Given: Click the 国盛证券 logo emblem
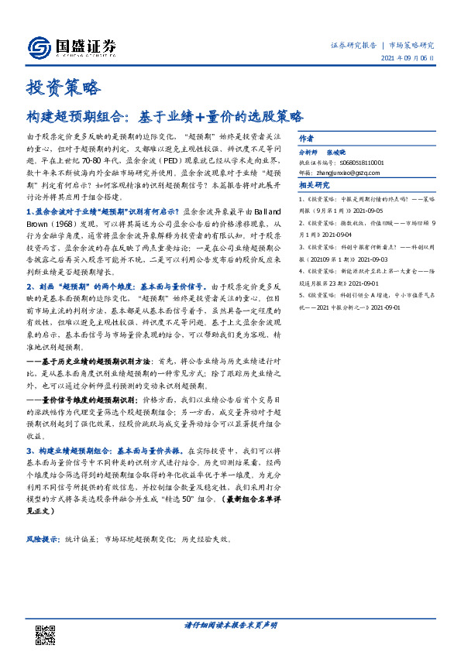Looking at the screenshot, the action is pyautogui.click(x=38, y=47).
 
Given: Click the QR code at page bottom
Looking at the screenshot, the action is pyautogui.click(x=46, y=634).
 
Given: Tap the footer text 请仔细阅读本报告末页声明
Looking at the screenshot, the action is pyautogui.click(x=230, y=624).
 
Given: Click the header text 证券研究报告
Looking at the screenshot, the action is pyautogui.click(x=353, y=45).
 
